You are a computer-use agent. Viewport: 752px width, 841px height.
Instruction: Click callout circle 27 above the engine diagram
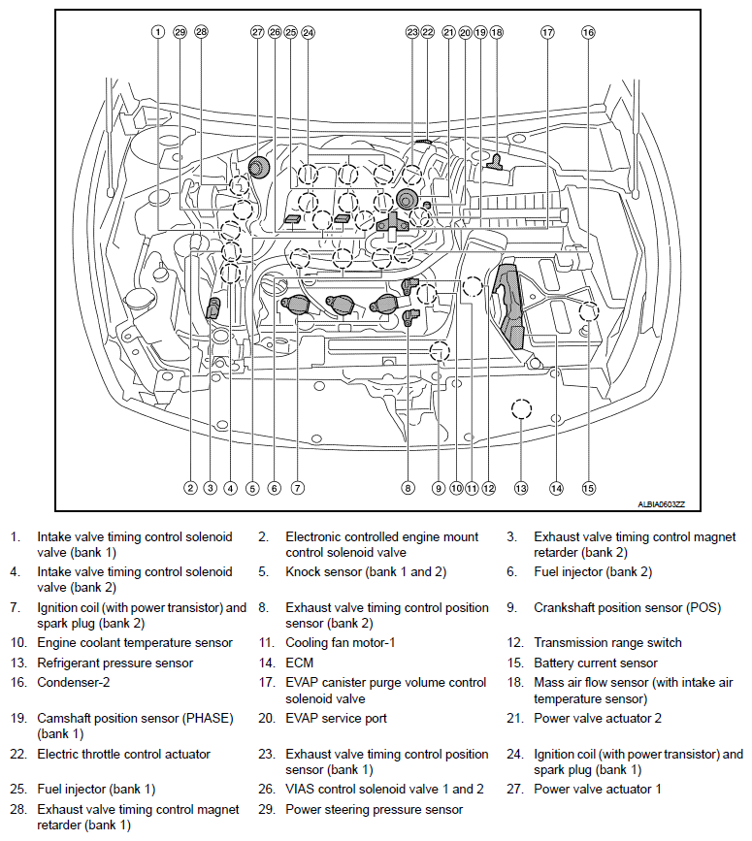click(257, 32)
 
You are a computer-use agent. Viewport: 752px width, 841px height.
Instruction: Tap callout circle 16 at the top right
click(588, 32)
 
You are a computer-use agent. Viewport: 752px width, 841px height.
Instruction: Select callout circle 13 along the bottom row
click(521, 488)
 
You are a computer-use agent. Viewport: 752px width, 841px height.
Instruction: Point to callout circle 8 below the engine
click(409, 488)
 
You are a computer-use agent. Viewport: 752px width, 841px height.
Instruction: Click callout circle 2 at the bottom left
click(191, 488)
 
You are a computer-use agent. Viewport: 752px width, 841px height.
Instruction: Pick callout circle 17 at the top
click(547, 32)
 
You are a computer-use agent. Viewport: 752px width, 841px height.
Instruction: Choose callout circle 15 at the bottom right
click(588, 488)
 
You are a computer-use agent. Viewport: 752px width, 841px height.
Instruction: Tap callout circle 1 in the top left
click(157, 32)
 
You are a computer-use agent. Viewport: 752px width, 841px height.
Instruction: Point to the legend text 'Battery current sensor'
click(595, 663)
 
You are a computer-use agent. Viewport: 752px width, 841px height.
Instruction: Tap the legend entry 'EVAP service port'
click(336, 719)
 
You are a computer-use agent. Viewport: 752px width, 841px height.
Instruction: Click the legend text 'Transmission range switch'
click(607, 642)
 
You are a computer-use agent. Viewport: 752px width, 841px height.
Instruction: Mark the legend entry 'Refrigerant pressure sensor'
click(114, 663)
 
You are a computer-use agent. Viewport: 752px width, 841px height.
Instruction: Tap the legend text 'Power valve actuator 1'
click(597, 790)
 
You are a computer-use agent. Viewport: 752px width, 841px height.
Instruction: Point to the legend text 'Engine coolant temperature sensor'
click(135, 642)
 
